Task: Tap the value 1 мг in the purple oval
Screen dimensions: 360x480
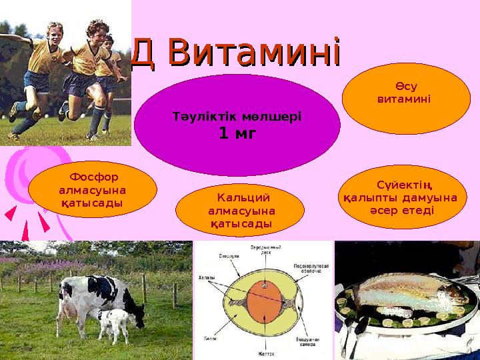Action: [x=237, y=133]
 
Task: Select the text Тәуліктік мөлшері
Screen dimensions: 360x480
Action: [x=237, y=116]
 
